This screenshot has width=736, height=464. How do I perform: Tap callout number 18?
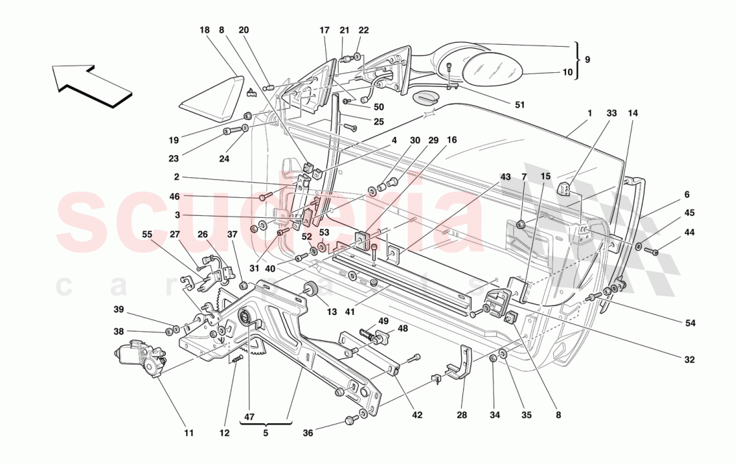(x=204, y=30)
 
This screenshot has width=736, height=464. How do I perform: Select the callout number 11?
(x=189, y=433)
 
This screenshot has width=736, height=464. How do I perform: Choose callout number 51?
(x=519, y=104)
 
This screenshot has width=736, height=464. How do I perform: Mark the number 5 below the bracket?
(x=266, y=433)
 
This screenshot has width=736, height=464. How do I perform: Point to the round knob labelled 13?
(x=310, y=289)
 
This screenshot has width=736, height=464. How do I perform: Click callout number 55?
(x=147, y=235)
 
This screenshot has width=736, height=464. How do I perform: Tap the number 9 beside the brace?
(x=587, y=59)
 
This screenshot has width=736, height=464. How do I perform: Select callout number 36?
(x=307, y=433)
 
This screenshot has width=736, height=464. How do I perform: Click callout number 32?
(x=690, y=359)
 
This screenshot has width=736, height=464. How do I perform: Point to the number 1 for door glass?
(x=589, y=114)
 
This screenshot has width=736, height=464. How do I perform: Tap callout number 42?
(x=418, y=415)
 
